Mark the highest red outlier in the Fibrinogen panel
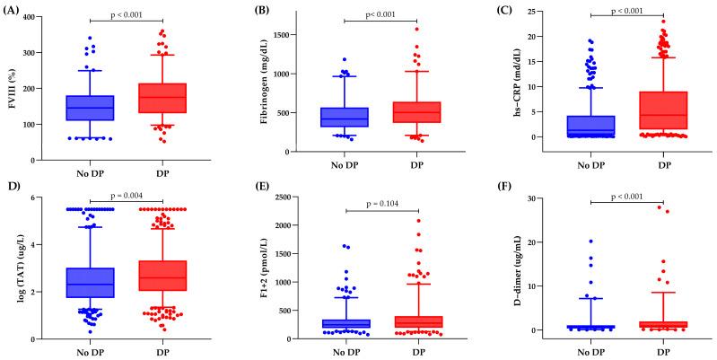click(391, 29)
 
